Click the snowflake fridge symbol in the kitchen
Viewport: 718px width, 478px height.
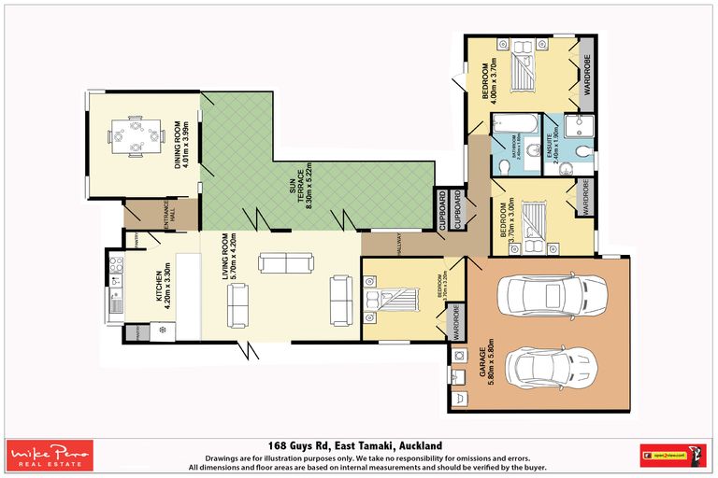coord(162,330)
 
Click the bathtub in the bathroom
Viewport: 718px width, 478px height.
coord(513,124)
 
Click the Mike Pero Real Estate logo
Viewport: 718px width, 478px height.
coord(50,456)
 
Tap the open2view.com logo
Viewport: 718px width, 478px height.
coord(671,456)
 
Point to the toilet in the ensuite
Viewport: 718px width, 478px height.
coord(582,151)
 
